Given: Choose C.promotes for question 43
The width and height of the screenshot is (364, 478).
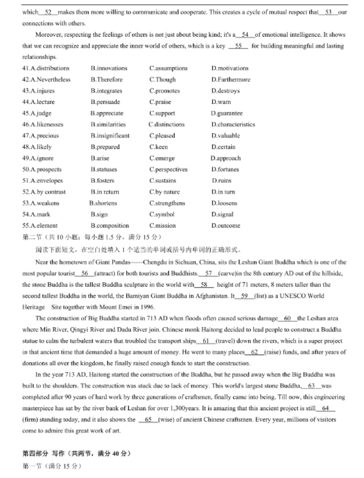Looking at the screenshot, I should [164, 91].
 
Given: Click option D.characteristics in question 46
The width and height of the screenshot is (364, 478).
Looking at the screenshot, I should [233, 124].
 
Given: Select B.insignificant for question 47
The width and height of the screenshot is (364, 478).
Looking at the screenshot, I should [110, 136].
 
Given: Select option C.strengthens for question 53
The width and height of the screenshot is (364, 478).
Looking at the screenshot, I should [167, 203].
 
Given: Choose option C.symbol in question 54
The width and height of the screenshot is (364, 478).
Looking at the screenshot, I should [161, 214].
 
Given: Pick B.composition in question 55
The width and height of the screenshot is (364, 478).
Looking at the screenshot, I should [110, 226].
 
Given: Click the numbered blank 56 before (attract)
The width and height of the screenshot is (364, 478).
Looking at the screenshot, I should [85, 274].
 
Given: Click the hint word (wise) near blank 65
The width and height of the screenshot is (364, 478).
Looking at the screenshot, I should [163, 420].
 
